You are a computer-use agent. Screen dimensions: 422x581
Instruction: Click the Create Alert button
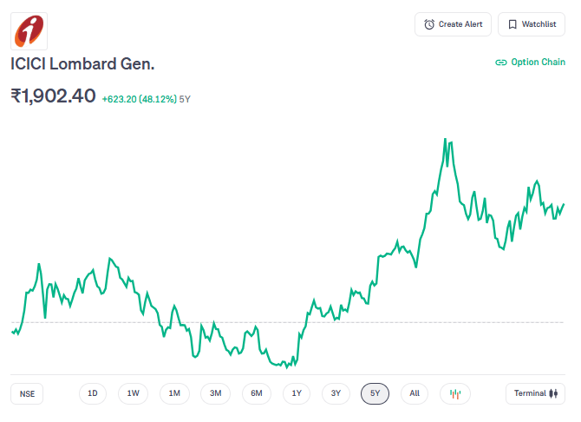[453, 24]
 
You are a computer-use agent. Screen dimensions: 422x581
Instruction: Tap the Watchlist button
[532, 24]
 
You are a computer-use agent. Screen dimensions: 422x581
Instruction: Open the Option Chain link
[530, 63]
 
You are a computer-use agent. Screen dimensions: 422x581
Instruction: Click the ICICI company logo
[29, 30]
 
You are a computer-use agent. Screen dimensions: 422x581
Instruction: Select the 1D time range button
[92, 393]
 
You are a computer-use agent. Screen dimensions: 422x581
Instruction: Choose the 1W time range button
[133, 393]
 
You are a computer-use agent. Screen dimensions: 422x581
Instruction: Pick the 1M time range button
[174, 393]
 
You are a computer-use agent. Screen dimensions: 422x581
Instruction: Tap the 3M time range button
[215, 393]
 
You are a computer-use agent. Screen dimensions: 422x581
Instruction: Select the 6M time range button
[257, 393]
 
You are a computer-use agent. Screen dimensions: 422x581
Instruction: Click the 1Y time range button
[297, 393]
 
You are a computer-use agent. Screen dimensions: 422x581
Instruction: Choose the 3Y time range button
[336, 393]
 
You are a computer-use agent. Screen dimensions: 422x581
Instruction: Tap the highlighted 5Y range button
[375, 393]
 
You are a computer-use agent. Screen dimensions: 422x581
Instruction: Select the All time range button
[415, 393]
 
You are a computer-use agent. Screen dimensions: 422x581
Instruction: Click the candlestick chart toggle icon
[454, 393]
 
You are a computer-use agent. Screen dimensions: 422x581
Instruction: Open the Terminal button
[535, 393]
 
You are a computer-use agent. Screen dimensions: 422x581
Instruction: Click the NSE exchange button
[28, 393]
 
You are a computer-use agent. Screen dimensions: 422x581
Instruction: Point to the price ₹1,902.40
[53, 96]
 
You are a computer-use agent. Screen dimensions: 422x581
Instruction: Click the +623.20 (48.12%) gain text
[139, 99]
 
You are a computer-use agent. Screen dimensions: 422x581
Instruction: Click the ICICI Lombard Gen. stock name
[82, 63]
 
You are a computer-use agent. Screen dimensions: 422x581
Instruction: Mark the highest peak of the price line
[445, 139]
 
